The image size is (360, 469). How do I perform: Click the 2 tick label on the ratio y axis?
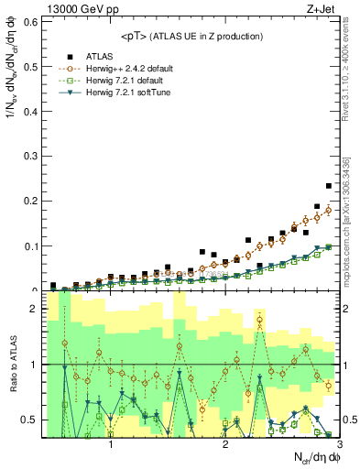pyautogui.click(x=34, y=310)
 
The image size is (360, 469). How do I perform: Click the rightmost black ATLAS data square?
pyautogui.click(x=329, y=186)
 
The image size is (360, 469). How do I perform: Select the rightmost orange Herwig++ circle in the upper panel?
pyautogui.click(x=329, y=210)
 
